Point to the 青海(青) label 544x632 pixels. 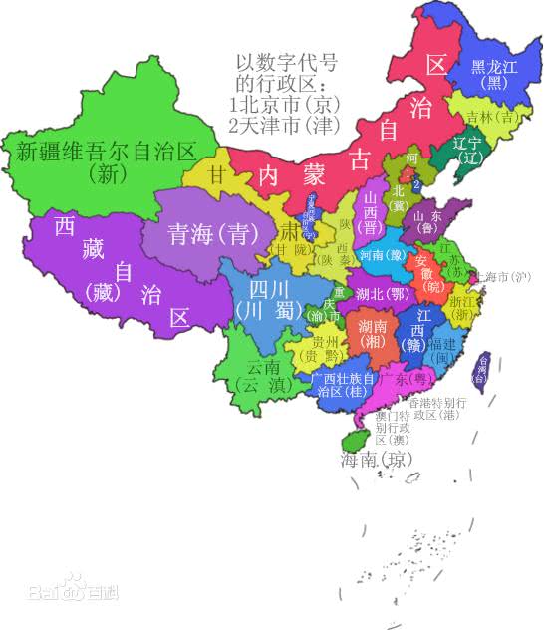[207, 234]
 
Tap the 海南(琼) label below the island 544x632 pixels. [375, 460]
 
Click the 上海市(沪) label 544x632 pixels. [504, 276]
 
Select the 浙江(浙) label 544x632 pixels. [463, 306]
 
